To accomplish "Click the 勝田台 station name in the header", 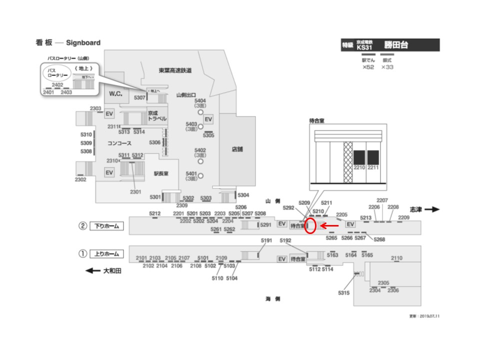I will pos(396,45).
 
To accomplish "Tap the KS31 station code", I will pos(365,47).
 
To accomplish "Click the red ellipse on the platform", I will pos(310,226).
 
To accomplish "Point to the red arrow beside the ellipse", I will pos(329,226).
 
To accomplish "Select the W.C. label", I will pos(116,93).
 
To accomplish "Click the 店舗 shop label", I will pos(237,149).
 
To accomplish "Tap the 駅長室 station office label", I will pos(160,173).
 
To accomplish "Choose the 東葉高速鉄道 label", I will pos(175,70).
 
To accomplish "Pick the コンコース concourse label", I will pos(119,143).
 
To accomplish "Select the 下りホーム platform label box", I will pos(106,226).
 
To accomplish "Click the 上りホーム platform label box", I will pos(106,254).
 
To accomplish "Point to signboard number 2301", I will pos(135,191).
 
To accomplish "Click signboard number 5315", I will pos(343,292).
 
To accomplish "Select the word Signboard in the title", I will pos(82,43).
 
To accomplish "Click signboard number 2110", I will pos(396,258).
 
